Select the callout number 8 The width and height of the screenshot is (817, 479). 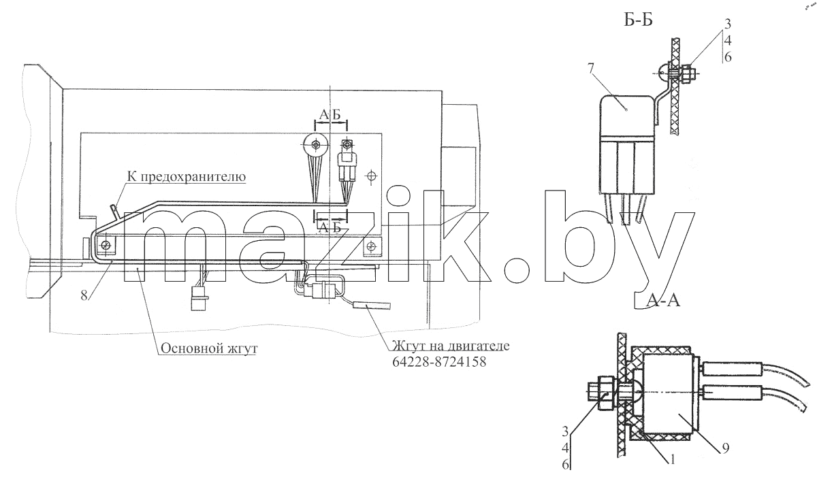84,295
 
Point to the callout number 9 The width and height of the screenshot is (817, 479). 726,448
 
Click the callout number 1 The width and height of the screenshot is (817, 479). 671,460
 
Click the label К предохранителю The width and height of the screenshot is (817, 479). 187,177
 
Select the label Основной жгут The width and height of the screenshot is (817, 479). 209,348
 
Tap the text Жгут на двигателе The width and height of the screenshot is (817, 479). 451,345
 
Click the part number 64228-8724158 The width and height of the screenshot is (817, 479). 439,361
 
